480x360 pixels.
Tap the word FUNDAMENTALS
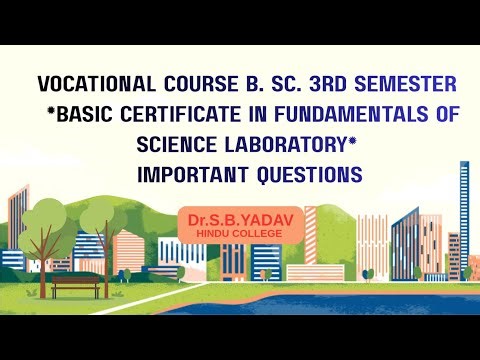[x=351, y=114]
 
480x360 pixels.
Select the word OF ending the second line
[x=447, y=114]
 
